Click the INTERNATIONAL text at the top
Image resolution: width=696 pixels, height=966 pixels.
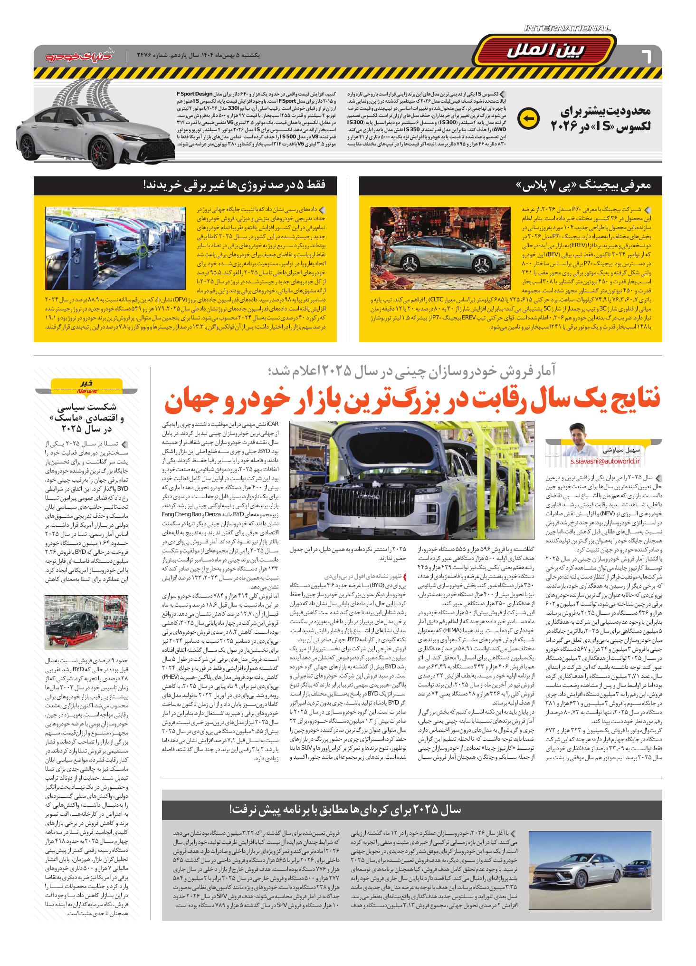click(x=567, y=29)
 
